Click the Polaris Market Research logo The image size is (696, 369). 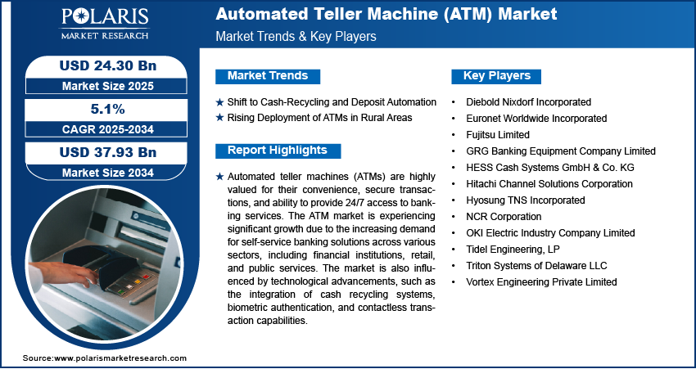coord(105,24)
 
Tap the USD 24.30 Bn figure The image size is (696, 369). coord(108,66)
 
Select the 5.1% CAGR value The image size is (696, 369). coord(108,109)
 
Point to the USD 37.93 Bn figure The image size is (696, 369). coord(108,152)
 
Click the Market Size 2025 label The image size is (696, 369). coord(108,86)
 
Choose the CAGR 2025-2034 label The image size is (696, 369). coord(108,129)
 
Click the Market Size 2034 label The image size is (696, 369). coord(108,173)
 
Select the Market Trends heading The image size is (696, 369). coord(268,76)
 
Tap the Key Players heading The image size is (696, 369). coord(496,76)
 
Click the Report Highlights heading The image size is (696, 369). coord(278,151)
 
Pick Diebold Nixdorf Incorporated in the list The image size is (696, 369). coord(528,102)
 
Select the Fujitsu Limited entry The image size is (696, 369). coord(498,134)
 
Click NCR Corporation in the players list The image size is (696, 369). coord(504,217)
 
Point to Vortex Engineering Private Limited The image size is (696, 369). coord(541,281)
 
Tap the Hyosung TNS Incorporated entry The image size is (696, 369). coord(526,200)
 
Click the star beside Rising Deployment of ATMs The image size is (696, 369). coord(219,118)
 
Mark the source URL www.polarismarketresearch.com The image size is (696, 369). coord(120,358)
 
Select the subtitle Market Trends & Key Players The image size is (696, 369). coord(296,36)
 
